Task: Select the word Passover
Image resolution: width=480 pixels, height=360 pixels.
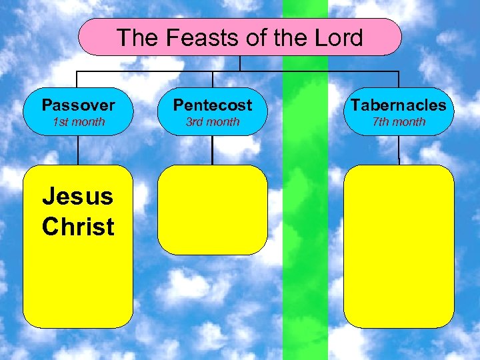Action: pos(78,105)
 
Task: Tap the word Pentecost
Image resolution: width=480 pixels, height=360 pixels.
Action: pos(213,105)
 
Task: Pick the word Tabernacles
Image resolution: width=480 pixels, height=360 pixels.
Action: pos(399,105)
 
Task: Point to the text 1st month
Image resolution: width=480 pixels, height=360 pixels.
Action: pos(78,122)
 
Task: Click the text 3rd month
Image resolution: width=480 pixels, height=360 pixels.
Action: pos(213,122)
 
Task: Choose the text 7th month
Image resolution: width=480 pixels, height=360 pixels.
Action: pos(399,122)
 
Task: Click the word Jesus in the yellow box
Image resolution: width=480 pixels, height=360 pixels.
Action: pos(77,196)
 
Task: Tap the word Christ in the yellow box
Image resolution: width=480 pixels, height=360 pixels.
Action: pos(78,227)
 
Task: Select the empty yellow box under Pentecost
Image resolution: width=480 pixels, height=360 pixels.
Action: pos(213,210)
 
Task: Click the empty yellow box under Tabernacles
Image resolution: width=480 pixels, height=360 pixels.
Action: pos(399,246)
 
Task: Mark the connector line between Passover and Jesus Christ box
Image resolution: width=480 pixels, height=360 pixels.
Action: pos(78,151)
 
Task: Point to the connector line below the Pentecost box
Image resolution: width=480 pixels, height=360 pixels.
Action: pos(213,151)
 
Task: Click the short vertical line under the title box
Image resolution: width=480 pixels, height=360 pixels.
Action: pos(239,63)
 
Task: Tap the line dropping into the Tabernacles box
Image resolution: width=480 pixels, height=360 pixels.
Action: pos(399,79)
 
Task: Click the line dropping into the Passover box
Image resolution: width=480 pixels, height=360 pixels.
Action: pos(78,79)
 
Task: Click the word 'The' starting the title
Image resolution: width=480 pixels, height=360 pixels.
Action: pos(138,37)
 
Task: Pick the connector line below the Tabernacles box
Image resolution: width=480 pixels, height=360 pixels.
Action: pos(399,151)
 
